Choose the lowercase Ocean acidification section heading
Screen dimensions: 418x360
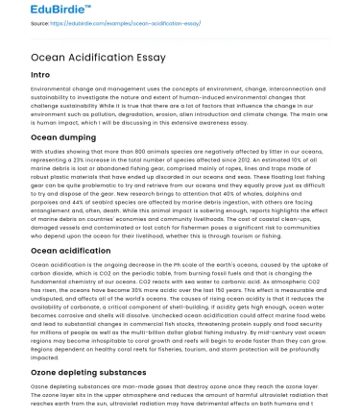tap(68, 252)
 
